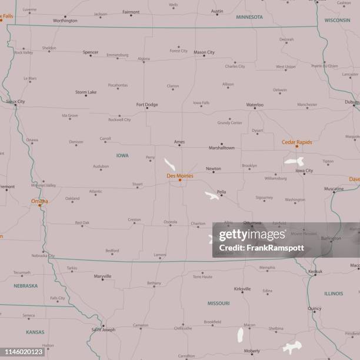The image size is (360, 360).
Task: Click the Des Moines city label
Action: (179, 175)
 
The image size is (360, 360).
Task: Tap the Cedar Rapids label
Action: (296, 142)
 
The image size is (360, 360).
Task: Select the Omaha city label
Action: (39, 201)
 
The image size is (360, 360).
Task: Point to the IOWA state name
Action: (122, 155)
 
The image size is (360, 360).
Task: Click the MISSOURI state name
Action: (218, 303)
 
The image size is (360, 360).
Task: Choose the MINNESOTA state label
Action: (249, 17)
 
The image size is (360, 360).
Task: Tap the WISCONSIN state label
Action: (337, 19)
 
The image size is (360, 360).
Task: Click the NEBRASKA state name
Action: (26, 286)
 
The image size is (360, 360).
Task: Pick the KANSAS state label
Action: (35, 332)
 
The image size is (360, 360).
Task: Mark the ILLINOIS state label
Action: (334, 293)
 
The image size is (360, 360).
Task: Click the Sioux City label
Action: (15, 101)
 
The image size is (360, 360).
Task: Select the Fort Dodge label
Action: (147, 105)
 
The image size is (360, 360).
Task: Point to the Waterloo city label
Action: (255, 105)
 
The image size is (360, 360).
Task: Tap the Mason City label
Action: (204, 52)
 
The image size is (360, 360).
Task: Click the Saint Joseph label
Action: (104, 329)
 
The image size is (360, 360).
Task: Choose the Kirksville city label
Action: (242, 289)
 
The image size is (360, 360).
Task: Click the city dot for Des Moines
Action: (180, 180)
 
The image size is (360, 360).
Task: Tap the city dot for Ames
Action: (179, 145)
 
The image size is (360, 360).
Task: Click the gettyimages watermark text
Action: (252, 236)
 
